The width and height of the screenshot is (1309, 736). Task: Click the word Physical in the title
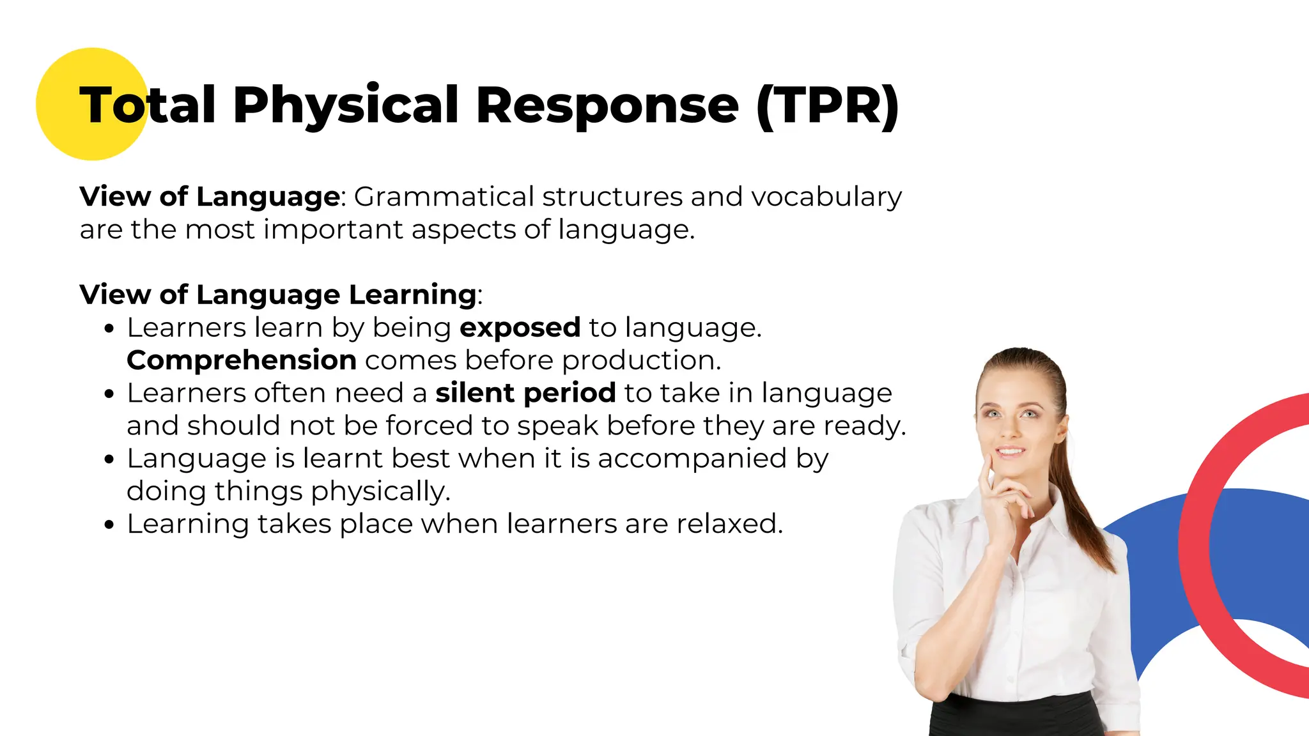pos(346,105)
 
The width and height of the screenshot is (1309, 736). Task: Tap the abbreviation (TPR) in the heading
pos(828,105)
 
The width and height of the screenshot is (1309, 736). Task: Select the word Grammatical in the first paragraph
pos(444,197)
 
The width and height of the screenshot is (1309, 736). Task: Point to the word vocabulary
pos(826,197)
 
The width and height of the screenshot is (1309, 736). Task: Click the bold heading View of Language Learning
pos(278,295)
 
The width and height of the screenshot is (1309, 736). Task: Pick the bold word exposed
pos(520,328)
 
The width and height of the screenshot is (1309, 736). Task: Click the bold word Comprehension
pos(242,360)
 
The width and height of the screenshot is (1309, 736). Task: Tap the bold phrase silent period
pos(525,393)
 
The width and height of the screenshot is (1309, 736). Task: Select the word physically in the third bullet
pos(381,491)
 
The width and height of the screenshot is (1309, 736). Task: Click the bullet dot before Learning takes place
pos(109,525)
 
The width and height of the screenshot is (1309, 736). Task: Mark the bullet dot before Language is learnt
pos(109,459)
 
